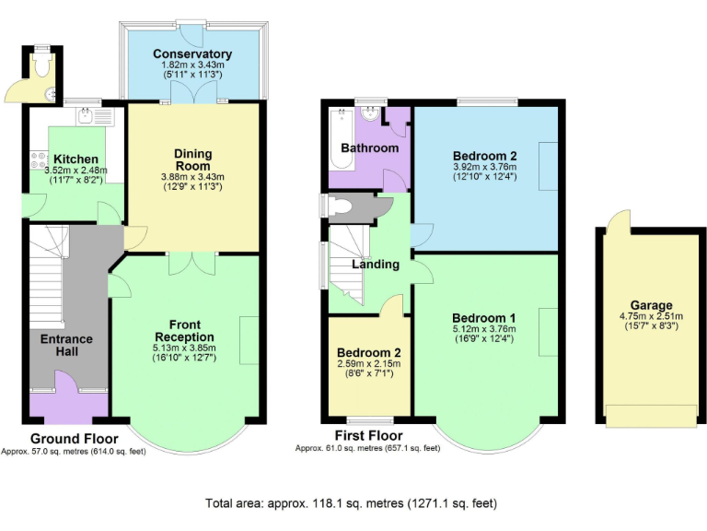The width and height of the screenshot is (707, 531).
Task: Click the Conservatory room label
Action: [192, 54]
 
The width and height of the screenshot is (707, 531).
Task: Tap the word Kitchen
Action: [69, 159]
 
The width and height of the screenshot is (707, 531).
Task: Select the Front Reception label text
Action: [184, 330]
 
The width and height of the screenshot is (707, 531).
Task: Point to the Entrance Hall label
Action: [66, 346]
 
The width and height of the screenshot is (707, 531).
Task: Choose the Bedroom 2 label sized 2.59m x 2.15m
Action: [368, 353]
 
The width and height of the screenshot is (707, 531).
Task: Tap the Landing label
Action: [376, 265]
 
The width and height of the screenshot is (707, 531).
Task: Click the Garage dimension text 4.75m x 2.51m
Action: [651, 316]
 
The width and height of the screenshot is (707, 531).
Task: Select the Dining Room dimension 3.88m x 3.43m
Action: [192, 176]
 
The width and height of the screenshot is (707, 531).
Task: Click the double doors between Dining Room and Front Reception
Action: [192, 261]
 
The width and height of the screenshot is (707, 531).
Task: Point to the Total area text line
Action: [353, 503]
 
